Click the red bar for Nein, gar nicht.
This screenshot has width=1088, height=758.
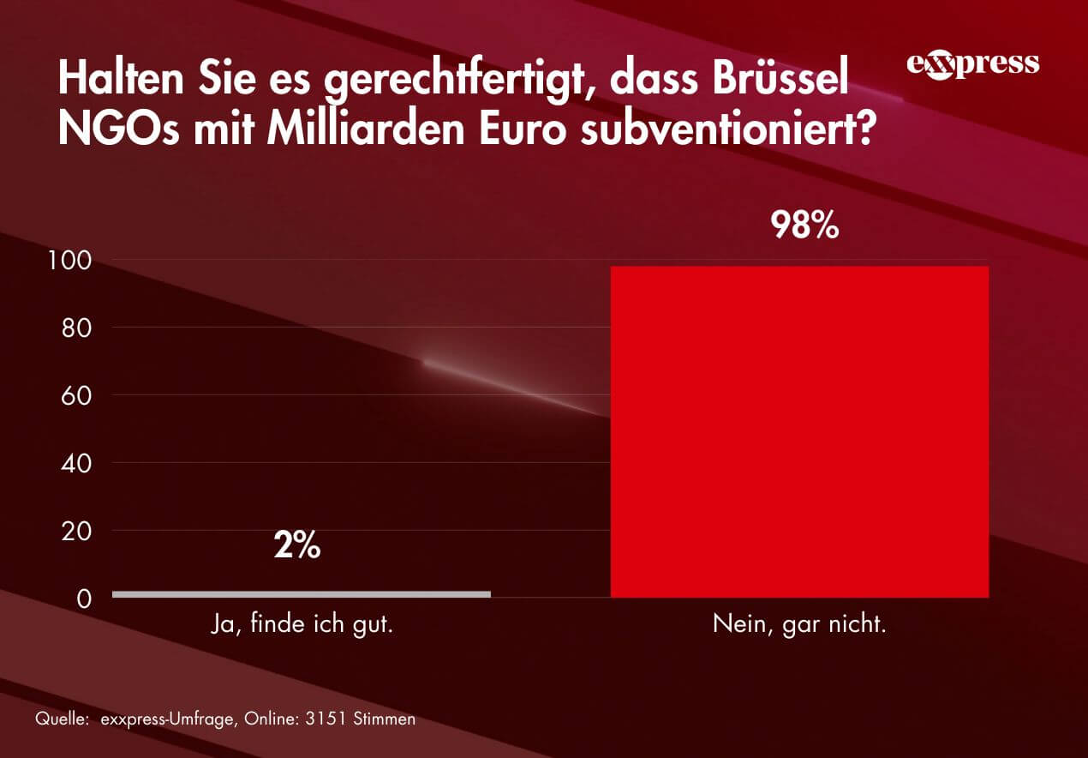tap(799, 431)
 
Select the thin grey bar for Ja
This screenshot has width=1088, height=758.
tap(301, 593)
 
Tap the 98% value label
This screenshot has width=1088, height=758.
tap(804, 225)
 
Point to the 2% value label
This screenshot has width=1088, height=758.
tap(297, 546)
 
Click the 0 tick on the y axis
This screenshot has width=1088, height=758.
tap(84, 599)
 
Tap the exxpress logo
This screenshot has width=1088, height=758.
tap(972, 65)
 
